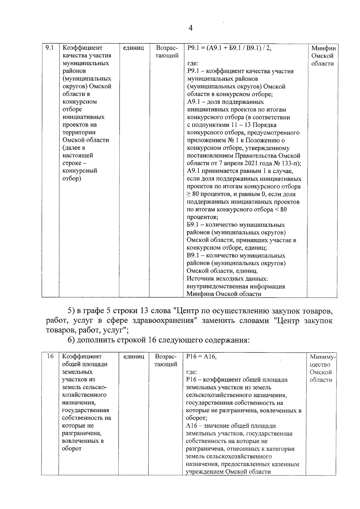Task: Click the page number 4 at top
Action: pyautogui.click(x=190, y=28)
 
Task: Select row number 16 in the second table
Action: pyautogui.click(x=50, y=356)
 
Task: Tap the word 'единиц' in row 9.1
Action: pyautogui.click(x=133, y=48)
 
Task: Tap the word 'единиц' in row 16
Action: pyautogui.click(x=134, y=356)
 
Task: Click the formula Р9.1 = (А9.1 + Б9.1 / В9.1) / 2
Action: pyautogui.click(x=229, y=48)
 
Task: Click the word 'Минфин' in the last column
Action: pyautogui.click(x=323, y=48)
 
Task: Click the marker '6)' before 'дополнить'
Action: pyautogui.click(x=72, y=340)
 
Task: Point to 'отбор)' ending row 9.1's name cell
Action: pyautogui.click(x=72, y=178)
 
